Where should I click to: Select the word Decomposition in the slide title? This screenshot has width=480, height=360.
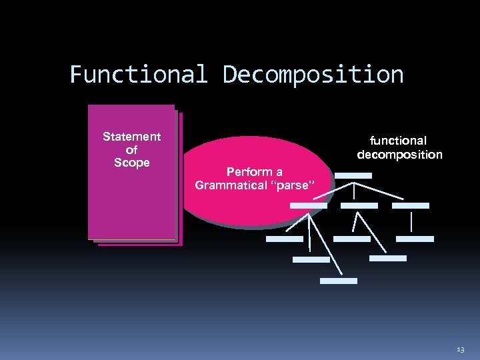(x=313, y=74)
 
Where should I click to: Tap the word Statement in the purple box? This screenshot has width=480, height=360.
(x=131, y=137)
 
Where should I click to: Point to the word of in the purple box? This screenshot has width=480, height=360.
(x=131, y=150)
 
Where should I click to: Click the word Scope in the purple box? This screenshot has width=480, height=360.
(x=131, y=163)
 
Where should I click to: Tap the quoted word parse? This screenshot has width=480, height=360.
(x=292, y=185)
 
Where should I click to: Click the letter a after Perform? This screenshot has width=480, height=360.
(x=279, y=172)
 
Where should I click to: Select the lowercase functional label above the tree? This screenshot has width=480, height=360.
(x=399, y=141)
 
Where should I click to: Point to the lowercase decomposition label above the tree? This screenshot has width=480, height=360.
(x=399, y=155)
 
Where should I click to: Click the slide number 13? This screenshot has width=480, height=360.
(x=461, y=349)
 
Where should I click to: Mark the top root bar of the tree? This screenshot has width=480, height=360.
(x=353, y=175)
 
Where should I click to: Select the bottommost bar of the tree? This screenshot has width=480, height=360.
(x=338, y=281)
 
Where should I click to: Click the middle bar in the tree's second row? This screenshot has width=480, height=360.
(x=359, y=205)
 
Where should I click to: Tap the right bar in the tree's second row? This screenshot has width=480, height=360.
(x=410, y=205)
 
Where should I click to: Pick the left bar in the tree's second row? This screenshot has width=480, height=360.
(x=309, y=205)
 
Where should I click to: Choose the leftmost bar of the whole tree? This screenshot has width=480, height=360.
(x=284, y=238)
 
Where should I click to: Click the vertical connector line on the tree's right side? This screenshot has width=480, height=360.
(x=412, y=221)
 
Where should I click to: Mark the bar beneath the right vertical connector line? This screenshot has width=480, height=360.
(x=415, y=238)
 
